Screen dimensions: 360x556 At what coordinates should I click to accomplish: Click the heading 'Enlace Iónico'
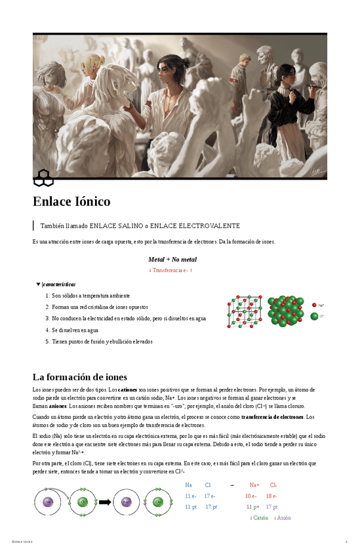tap(71, 201)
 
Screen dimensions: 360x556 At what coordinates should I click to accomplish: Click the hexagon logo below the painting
tap(44, 176)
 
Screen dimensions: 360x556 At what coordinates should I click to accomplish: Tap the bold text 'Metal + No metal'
tap(172, 259)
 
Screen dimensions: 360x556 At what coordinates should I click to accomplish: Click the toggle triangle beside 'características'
tap(38, 284)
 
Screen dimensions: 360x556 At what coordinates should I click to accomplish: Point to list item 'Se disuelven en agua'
tap(75, 330)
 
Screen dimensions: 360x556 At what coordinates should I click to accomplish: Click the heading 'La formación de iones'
tap(79, 377)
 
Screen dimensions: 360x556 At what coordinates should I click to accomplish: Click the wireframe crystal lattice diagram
tap(245, 311)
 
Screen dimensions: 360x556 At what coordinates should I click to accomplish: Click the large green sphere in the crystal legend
tap(315, 316)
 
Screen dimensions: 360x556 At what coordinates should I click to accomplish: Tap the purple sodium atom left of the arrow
tap(48, 502)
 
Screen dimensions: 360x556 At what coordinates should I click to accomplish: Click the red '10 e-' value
tap(250, 496)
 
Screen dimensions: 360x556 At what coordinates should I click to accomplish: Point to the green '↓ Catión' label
tap(259, 518)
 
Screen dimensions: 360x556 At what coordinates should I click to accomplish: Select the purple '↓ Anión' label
tap(282, 518)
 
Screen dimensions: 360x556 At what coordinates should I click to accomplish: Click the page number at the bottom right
tap(346, 542)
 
